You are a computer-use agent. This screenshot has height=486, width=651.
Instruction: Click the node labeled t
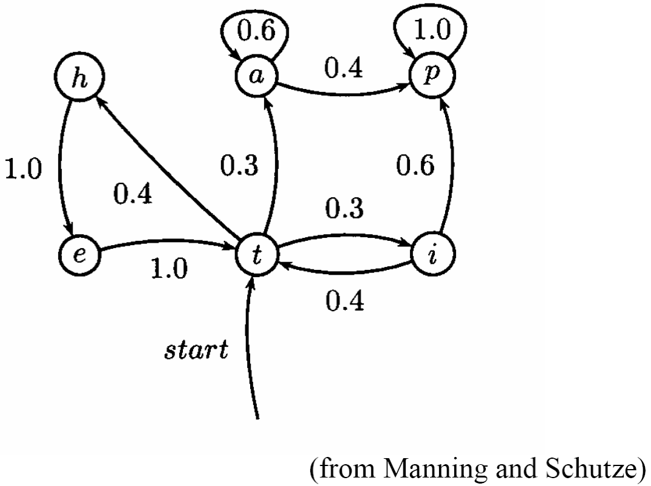(x=256, y=254)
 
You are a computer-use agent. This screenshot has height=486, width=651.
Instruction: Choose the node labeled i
(x=431, y=254)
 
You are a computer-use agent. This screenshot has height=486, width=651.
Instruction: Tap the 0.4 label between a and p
(x=343, y=70)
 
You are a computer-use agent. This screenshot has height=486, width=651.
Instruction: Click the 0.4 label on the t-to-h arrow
(x=133, y=195)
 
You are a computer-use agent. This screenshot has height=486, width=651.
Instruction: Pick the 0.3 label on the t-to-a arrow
(x=239, y=166)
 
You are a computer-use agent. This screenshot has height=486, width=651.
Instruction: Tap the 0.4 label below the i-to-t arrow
(x=345, y=300)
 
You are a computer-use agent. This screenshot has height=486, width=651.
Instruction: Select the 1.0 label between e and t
(x=169, y=269)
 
